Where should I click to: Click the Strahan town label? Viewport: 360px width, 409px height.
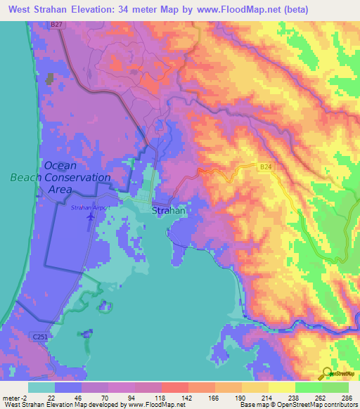[169, 209]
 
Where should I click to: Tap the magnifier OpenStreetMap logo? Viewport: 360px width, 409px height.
[328, 373]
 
